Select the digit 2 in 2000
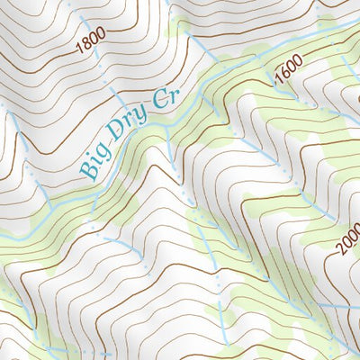[342, 253]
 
